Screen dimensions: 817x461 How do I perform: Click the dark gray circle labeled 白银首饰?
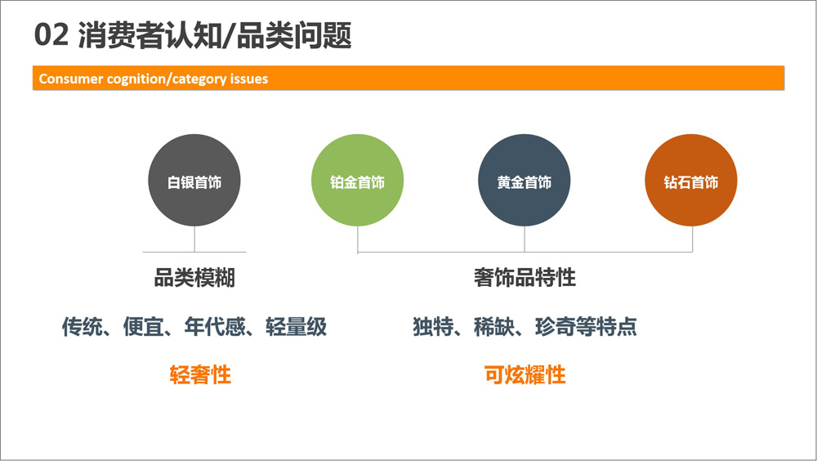click(x=194, y=181)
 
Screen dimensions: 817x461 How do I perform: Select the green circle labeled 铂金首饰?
click(x=358, y=181)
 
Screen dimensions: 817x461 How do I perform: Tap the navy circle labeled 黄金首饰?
click(x=525, y=181)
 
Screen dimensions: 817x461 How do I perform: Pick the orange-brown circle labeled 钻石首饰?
click(x=691, y=181)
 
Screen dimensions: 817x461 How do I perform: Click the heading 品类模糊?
click(x=194, y=277)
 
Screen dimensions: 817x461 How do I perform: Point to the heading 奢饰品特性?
click(x=525, y=277)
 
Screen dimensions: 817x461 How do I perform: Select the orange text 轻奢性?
click(x=200, y=375)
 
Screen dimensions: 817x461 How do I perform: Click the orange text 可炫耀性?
click(x=525, y=375)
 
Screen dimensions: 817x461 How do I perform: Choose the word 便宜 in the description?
click(x=143, y=326)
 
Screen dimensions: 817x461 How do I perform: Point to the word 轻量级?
click(x=296, y=326)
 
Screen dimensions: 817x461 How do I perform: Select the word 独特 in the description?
click(x=433, y=326)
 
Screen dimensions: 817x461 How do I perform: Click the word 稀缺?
click(x=494, y=326)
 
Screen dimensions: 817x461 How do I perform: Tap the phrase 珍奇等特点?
click(x=586, y=326)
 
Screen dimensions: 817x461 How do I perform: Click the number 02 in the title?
click(x=51, y=35)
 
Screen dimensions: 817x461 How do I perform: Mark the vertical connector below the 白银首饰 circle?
click(x=194, y=239)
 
